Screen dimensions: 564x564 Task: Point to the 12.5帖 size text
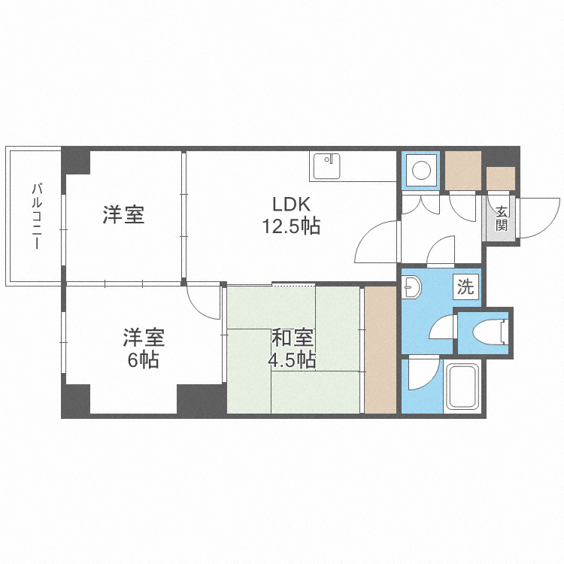(x=290, y=226)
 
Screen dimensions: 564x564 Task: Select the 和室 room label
(x=291, y=338)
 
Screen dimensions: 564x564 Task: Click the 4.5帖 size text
(x=291, y=359)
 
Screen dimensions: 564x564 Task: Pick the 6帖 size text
(x=142, y=359)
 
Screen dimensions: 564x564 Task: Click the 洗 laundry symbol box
(x=466, y=286)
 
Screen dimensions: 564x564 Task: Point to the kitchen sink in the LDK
(x=326, y=166)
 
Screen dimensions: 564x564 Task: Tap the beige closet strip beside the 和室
(x=380, y=349)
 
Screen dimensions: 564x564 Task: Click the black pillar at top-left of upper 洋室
(x=76, y=160)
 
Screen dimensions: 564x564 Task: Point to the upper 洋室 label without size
(x=124, y=216)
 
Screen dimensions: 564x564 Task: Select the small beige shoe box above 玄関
(x=501, y=178)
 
